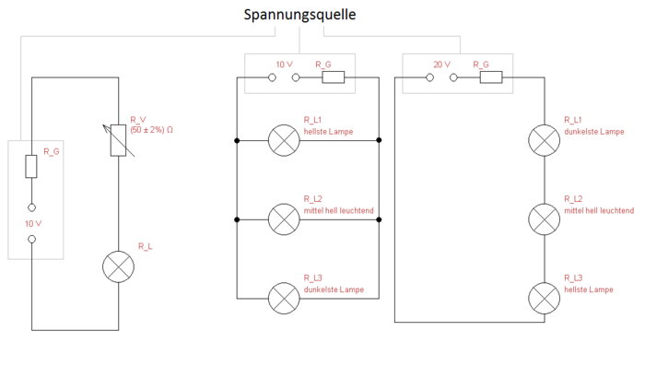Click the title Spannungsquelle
[x=299, y=15]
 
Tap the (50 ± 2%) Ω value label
[x=152, y=130]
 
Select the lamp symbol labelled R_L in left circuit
[x=119, y=266]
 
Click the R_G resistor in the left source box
[x=31, y=167]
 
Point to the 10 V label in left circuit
[x=31, y=224]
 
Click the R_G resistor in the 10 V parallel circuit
[x=333, y=77]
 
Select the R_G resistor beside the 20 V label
[x=490, y=77]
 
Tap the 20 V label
[x=440, y=65]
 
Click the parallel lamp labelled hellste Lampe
[x=281, y=141]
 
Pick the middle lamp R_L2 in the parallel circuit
[x=281, y=219]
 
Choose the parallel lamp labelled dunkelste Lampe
[x=281, y=298]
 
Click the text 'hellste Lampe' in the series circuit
[x=588, y=289]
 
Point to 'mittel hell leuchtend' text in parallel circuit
[x=338, y=210]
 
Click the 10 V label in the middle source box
[x=285, y=65]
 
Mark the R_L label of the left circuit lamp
[x=146, y=246]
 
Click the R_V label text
[x=138, y=120]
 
